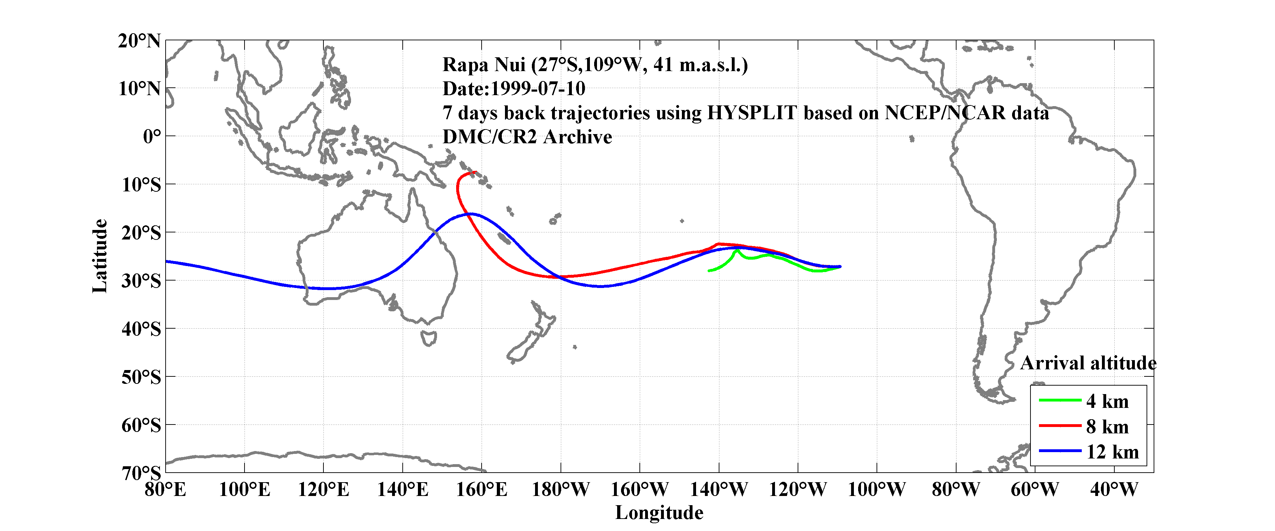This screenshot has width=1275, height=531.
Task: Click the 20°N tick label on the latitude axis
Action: pyautogui.click(x=139, y=41)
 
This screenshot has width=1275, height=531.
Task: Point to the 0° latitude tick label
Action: pyautogui.click(x=152, y=137)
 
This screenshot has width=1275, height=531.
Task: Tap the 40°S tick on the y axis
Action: pyautogui.click(x=141, y=329)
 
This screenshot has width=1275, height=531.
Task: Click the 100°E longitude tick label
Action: pyautogui.click(x=245, y=490)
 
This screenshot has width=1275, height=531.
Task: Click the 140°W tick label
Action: pyautogui.click(x=719, y=490)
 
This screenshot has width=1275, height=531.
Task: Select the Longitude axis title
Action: pyautogui.click(x=659, y=513)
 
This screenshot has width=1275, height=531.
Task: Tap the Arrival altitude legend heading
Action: pyautogui.click(x=1088, y=363)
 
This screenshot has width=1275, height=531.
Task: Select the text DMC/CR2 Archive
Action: pyautogui.click(x=527, y=137)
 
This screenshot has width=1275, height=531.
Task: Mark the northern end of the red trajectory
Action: pyautogui.click(x=476, y=172)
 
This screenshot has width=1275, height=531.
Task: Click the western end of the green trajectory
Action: pyautogui.click(x=709, y=271)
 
